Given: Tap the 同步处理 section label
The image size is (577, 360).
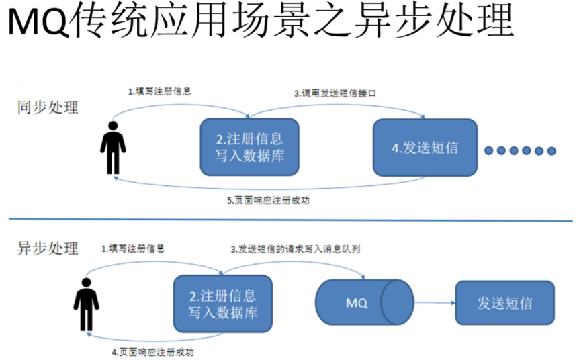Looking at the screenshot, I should (x=48, y=107).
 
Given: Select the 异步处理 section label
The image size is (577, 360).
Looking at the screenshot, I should (x=48, y=248).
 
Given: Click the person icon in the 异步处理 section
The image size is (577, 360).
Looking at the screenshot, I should (x=86, y=304).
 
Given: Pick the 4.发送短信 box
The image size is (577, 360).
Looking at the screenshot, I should (x=425, y=148).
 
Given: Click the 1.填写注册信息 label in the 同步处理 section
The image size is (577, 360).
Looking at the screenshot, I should (x=159, y=91).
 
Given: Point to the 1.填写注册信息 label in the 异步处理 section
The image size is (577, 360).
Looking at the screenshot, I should (x=133, y=248).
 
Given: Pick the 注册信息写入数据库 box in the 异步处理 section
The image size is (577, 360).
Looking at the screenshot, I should (x=222, y=304).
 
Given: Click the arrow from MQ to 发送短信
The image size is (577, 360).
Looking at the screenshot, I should (x=433, y=303).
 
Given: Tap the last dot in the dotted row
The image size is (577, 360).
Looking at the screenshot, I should (x=552, y=150).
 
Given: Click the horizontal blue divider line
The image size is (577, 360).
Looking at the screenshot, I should (x=288, y=219).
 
